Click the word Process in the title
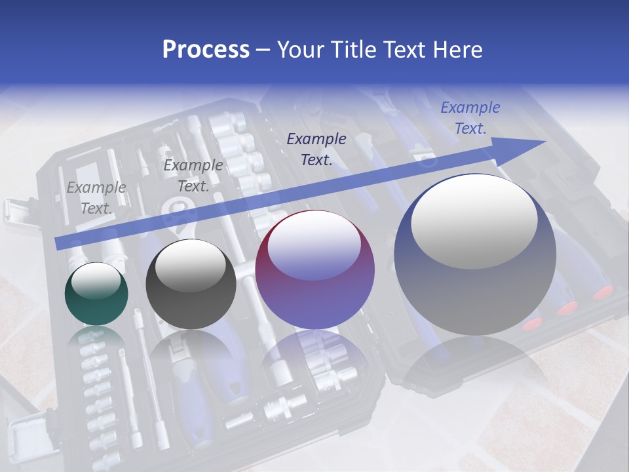pos(206,50)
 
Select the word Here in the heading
pos(456,50)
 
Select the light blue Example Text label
pos(470,118)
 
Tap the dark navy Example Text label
pos(316,149)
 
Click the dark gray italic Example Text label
pos(193,176)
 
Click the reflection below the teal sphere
pos(96,338)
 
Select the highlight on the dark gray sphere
pos(191,265)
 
